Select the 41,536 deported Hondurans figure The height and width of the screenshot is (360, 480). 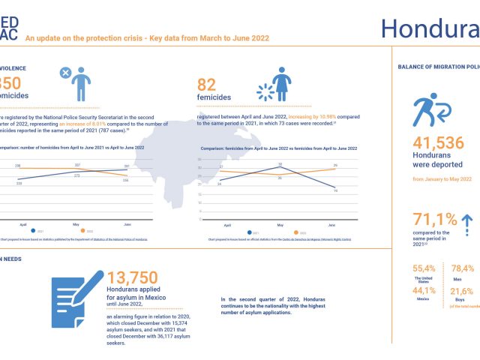(439, 144)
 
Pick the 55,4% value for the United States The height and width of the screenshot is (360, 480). (424, 268)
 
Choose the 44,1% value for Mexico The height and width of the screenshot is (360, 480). (424, 291)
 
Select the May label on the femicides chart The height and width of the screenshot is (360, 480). (280, 225)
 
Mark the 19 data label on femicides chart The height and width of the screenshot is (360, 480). (334, 191)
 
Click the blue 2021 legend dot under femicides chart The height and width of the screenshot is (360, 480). (247, 233)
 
